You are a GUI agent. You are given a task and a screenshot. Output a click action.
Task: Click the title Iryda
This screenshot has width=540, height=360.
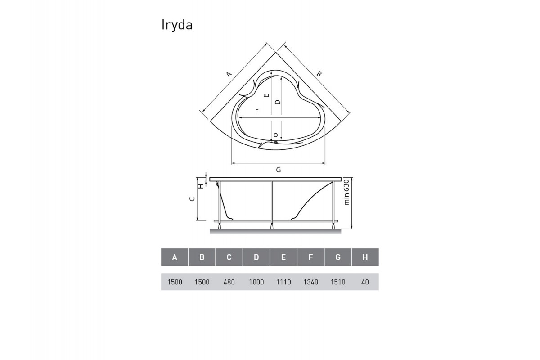point(177,26)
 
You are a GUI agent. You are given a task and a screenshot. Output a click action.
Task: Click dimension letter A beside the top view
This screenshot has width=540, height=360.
point(229,75)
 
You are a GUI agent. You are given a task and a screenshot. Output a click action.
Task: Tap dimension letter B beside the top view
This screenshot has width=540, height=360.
point(318,74)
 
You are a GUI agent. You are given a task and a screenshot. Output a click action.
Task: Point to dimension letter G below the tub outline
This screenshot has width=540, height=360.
point(279,170)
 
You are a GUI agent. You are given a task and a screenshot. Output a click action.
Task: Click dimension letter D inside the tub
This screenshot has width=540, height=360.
point(278,102)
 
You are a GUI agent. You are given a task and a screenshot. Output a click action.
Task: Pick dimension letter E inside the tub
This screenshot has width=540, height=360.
point(266,95)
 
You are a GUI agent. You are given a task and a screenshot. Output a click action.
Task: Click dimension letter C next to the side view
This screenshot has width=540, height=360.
point(192,198)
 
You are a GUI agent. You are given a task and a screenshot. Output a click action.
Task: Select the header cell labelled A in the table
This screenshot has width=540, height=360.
point(175,257)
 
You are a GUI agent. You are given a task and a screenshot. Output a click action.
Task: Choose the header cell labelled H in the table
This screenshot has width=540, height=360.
point(365,257)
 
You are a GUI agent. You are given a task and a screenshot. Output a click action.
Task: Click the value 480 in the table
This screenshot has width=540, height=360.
point(229,282)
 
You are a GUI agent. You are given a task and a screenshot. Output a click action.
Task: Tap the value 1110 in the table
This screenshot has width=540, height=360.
point(283,282)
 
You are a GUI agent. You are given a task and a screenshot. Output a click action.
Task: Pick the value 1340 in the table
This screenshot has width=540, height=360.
point(310,282)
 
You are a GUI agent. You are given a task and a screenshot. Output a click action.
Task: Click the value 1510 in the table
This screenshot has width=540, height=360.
point(338,282)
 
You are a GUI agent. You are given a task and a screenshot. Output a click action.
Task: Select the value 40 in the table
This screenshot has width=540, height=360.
point(365,282)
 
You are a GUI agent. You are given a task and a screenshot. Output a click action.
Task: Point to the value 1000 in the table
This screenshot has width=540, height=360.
point(256,282)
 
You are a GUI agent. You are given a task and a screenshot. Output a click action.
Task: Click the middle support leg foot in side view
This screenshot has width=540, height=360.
point(272,226)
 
